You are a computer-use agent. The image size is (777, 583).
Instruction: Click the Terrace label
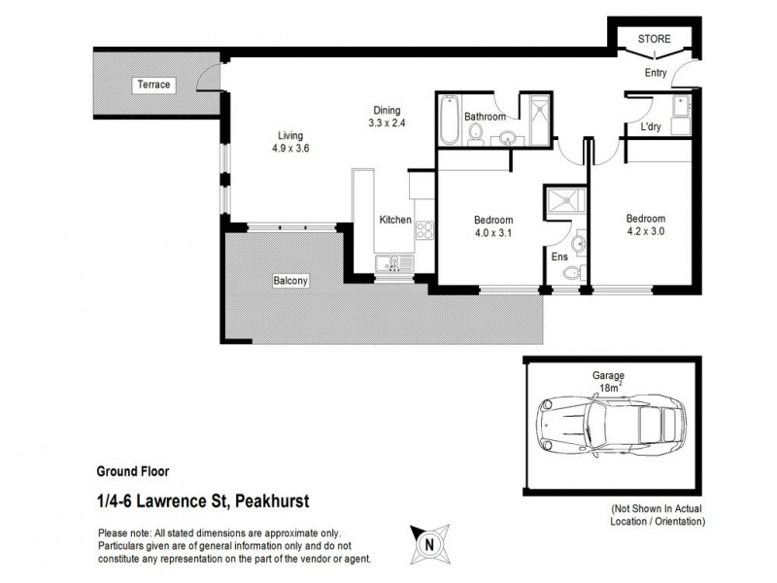[x=153, y=85]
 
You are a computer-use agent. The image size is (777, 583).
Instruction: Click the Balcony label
[x=290, y=281]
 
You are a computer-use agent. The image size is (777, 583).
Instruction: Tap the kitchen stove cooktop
[x=424, y=230]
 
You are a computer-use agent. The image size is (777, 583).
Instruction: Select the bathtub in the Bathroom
[x=448, y=120]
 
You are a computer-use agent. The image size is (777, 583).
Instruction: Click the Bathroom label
[x=485, y=117]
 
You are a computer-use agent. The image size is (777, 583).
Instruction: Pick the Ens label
[x=558, y=257]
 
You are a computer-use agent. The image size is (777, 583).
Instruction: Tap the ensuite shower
[x=562, y=201]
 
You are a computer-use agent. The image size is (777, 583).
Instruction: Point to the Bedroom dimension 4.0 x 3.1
[x=493, y=233]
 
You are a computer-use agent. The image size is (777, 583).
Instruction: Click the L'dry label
[x=651, y=126]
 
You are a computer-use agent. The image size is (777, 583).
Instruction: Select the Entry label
[x=656, y=72]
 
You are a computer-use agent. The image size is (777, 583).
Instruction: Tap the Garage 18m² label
[x=609, y=381]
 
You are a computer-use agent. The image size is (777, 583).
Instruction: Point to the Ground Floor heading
[x=133, y=471]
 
